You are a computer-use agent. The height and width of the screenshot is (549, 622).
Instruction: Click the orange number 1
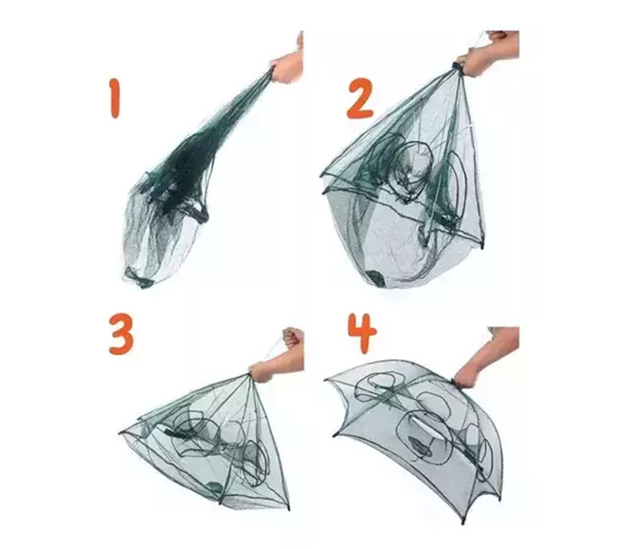click(x=114, y=98)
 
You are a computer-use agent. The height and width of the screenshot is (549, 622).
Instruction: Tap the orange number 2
click(x=360, y=98)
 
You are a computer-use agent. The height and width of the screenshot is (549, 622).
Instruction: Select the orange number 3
click(x=121, y=334)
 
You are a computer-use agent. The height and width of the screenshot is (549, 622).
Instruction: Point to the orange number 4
click(x=362, y=333)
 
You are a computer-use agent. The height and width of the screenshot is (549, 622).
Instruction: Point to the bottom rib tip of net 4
click(x=463, y=522)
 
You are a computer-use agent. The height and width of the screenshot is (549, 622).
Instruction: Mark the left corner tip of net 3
click(x=120, y=433)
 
